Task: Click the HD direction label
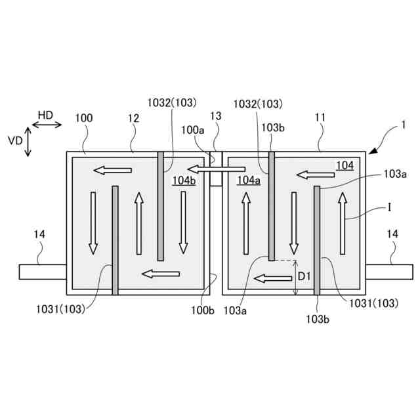coord(45,115)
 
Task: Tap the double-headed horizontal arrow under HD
coord(46,124)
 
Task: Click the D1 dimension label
coord(304,277)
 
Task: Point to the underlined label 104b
coord(184,180)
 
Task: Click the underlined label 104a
coord(249,180)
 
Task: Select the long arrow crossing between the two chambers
coord(217,169)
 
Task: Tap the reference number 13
coord(216,116)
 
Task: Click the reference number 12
coord(134,118)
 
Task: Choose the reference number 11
coord(320,118)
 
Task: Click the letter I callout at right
coord(390,207)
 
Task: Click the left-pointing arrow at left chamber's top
coord(112,171)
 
